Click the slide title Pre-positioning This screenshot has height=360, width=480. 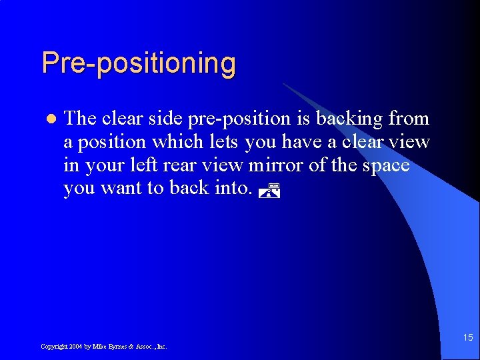click(x=139, y=63)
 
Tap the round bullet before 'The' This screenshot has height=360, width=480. click(x=48, y=119)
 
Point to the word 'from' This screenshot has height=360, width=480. click(x=409, y=119)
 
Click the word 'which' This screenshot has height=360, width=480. click(x=174, y=142)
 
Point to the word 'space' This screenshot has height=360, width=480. click(x=386, y=165)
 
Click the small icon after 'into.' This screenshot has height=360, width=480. click(x=267, y=192)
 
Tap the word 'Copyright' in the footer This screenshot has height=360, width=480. click(x=53, y=347)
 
